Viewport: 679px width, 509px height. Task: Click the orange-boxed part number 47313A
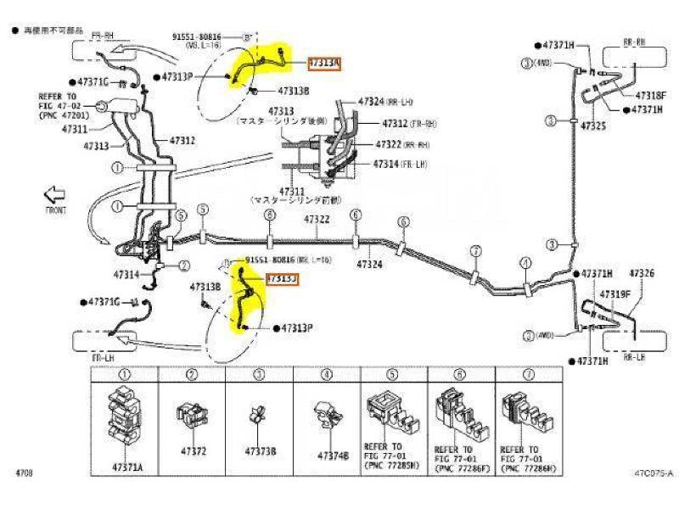pyautogui.click(x=324, y=63)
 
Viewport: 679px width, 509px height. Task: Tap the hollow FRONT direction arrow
pyautogui.click(x=55, y=194)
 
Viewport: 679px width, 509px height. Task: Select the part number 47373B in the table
pyautogui.click(x=259, y=451)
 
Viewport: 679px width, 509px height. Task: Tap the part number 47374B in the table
pyautogui.click(x=333, y=456)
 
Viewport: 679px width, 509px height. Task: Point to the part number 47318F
pyautogui.click(x=648, y=97)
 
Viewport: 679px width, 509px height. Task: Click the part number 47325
pyautogui.click(x=593, y=125)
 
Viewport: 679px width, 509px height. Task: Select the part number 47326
pyautogui.click(x=642, y=273)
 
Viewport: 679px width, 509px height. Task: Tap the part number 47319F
pyautogui.click(x=614, y=294)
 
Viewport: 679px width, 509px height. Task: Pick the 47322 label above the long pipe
pyautogui.click(x=317, y=220)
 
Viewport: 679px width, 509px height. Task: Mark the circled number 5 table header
pyautogui.click(x=393, y=374)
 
